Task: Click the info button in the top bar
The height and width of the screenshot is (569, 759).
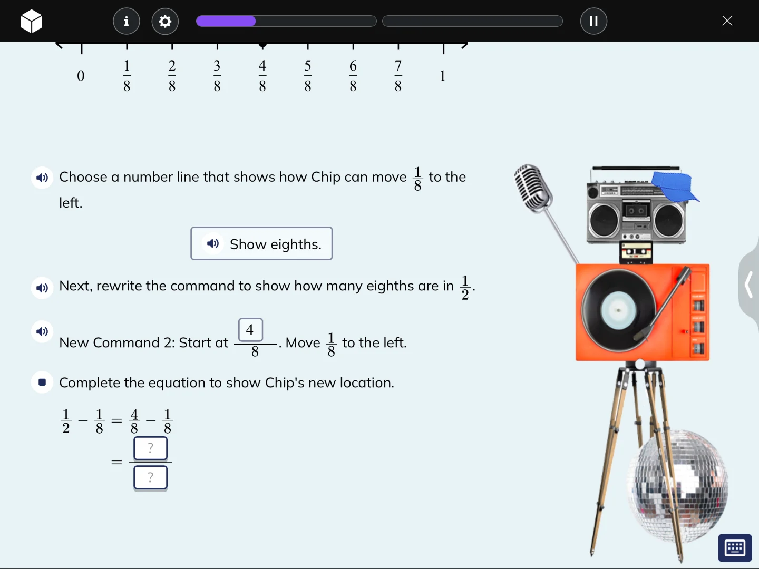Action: [x=126, y=21]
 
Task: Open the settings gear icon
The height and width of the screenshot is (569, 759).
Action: [x=165, y=21]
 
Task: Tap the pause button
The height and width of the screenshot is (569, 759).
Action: [x=593, y=21]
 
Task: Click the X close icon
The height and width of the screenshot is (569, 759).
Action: [x=727, y=21]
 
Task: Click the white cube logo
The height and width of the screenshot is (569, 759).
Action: [x=32, y=22]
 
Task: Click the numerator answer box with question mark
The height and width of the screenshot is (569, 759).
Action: [x=150, y=448]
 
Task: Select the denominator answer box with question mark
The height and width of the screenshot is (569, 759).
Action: [x=150, y=477]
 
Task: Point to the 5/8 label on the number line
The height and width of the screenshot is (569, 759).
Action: [x=308, y=76]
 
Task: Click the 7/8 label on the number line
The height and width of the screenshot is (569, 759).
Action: [x=398, y=76]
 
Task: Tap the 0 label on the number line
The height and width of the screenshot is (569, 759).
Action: [x=81, y=76]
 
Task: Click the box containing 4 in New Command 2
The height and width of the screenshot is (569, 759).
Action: [x=250, y=330]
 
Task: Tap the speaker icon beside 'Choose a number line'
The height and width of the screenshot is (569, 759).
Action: [x=42, y=178]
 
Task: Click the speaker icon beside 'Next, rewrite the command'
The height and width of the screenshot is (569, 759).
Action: [x=42, y=288]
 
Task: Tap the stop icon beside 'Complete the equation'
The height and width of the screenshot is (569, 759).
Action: [x=42, y=382]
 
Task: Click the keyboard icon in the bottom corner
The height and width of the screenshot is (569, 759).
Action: [x=735, y=548]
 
